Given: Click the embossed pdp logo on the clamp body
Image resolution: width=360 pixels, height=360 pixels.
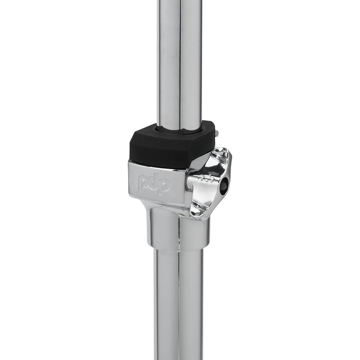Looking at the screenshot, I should [154, 182].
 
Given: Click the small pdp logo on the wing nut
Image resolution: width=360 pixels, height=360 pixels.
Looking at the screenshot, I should [207, 178].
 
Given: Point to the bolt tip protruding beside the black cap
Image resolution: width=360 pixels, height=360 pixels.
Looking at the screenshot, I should [217, 133].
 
